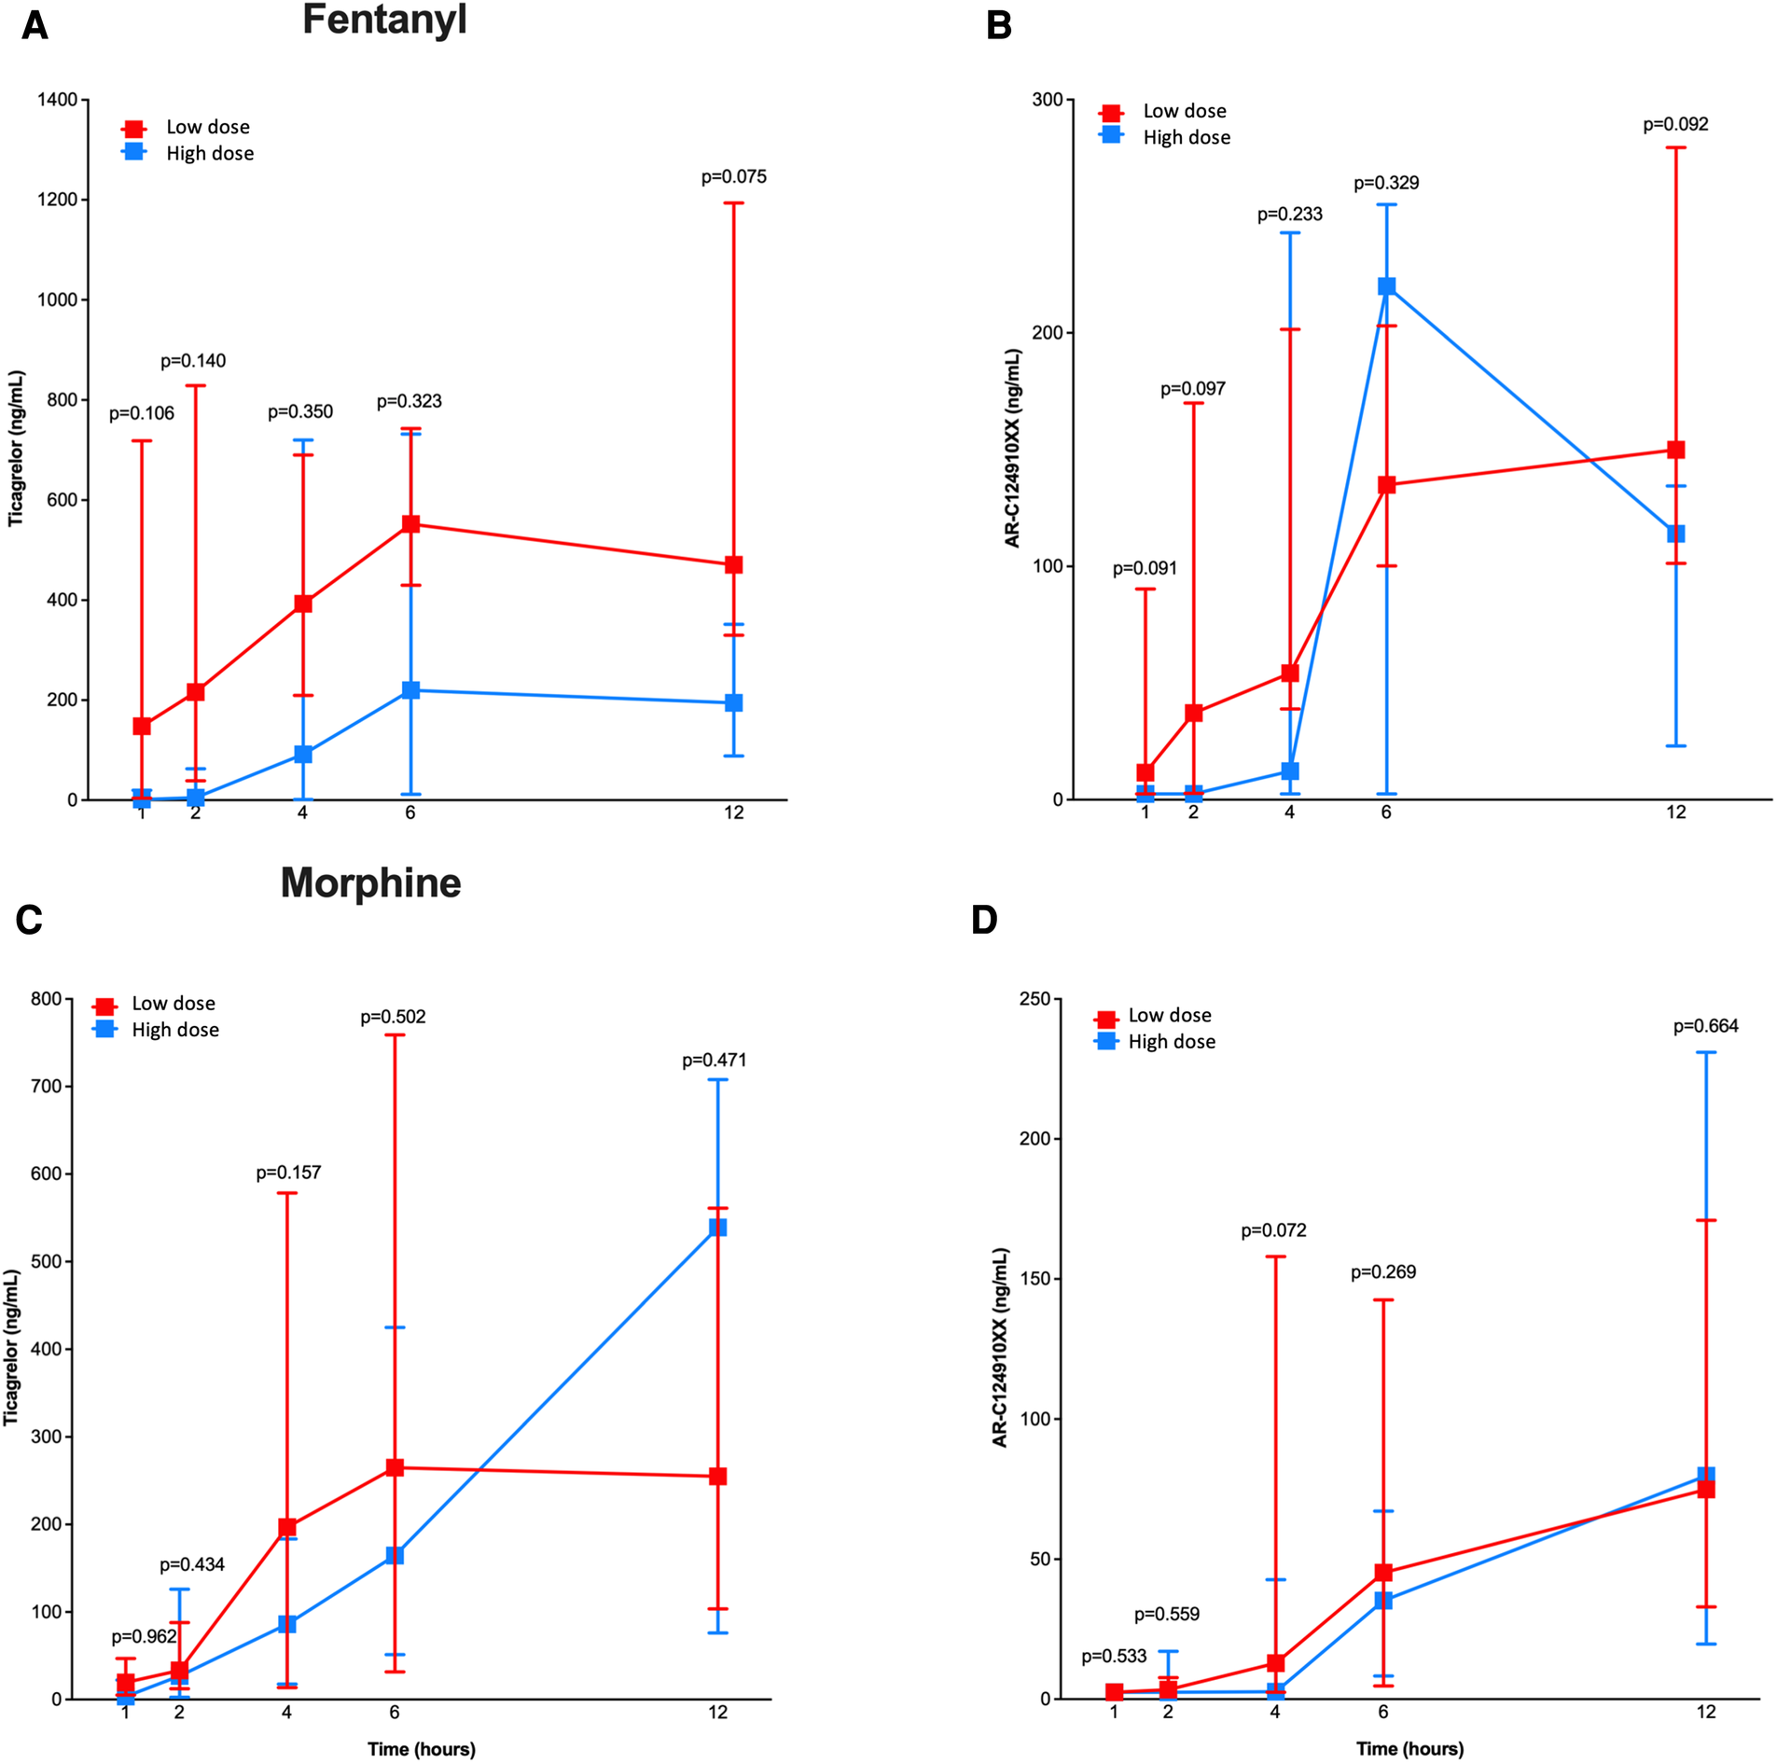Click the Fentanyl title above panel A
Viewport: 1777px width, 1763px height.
(384, 21)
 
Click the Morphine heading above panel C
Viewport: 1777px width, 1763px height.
(370, 882)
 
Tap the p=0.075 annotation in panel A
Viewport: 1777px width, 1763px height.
(733, 176)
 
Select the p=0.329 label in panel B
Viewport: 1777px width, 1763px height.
(1385, 183)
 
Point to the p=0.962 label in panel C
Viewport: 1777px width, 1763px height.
(144, 1636)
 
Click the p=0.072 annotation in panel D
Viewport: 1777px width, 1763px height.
(1272, 1230)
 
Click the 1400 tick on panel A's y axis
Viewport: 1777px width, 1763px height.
(57, 100)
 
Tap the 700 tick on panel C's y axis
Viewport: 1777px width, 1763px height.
(46, 1086)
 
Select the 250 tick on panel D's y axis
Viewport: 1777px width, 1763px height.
(1034, 999)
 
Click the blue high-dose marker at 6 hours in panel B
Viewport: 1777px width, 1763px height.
(1386, 286)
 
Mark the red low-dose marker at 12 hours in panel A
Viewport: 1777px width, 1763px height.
(733, 565)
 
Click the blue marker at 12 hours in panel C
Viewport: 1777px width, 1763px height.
(717, 1228)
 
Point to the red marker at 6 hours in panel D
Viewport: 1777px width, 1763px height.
(1382, 1573)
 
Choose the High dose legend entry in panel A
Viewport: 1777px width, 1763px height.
(209, 153)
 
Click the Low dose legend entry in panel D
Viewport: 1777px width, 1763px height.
(1169, 1015)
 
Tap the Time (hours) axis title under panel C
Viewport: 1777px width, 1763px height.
(421, 1749)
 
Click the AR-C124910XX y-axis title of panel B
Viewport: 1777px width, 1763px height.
(1012, 448)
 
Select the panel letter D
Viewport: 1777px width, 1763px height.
(984, 920)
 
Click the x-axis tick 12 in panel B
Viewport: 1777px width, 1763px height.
(1675, 812)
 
